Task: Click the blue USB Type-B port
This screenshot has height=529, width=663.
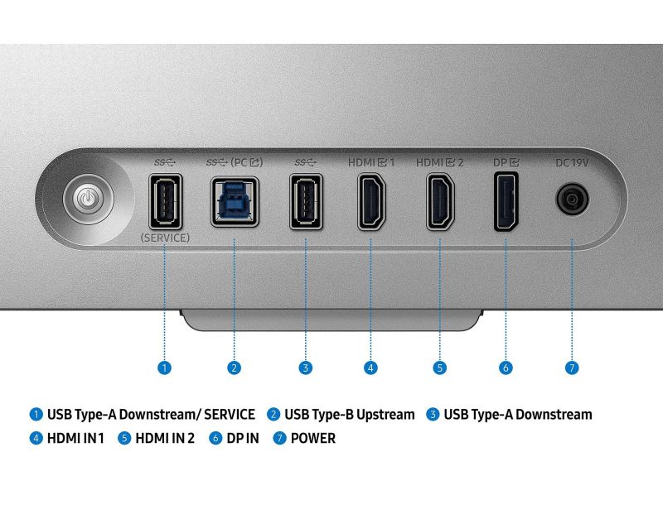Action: click(x=234, y=201)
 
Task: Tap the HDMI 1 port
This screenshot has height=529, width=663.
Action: click(x=370, y=201)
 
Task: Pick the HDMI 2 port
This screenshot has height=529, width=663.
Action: click(x=439, y=201)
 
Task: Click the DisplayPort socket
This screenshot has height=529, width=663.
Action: click(x=505, y=201)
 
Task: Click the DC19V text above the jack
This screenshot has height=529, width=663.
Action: click(x=571, y=162)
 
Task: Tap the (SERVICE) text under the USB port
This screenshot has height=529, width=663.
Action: click(x=165, y=238)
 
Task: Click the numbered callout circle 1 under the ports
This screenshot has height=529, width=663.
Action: click(x=165, y=368)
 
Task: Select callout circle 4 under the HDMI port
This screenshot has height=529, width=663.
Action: click(x=370, y=368)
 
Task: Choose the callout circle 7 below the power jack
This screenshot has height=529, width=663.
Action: click(x=571, y=368)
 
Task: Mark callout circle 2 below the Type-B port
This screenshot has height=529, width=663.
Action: click(x=235, y=368)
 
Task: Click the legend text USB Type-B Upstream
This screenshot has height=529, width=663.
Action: click(x=349, y=414)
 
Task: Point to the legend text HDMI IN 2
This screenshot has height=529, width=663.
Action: click(x=164, y=438)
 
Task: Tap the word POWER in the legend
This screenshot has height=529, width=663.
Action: click(x=312, y=438)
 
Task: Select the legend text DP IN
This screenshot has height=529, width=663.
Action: click(x=242, y=438)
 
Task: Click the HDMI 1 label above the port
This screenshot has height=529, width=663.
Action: click(x=370, y=162)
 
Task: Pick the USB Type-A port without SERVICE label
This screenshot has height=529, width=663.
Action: click(x=306, y=201)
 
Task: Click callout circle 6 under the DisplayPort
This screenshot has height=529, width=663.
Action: click(x=506, y=368)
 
